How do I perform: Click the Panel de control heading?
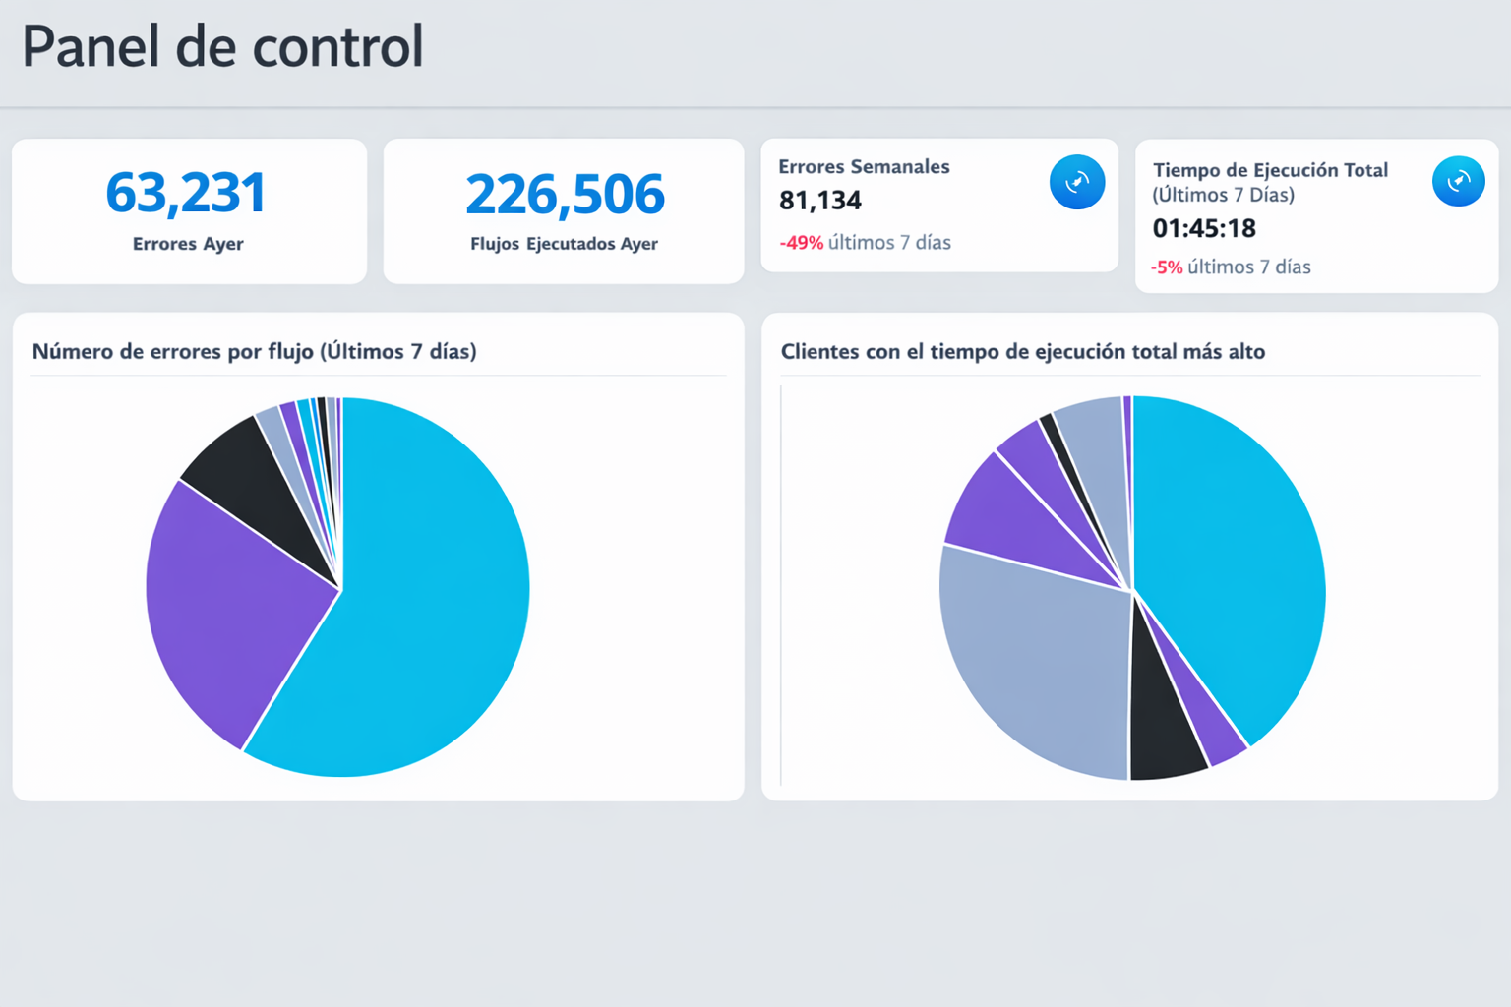[x=222, y=47]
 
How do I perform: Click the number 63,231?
[x=186, y=193]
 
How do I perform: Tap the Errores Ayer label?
[x=188, y=244]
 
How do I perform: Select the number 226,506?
[x=565, y=195]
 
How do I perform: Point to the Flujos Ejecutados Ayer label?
[x=564, y=244]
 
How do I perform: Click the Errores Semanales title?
[x=864, y=167]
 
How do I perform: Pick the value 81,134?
[x=820, y=201]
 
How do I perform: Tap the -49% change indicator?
[x=801, y=243]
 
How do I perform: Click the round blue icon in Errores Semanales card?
[x=1076, y=182]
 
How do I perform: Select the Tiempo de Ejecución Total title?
[x=1270, y=170]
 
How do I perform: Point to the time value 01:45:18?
[x=1204, y=228]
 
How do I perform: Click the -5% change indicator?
[x=1167, y=267]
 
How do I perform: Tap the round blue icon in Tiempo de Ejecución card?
[x=1458, y=181]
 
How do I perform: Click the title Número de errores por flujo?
[x=254, y=352]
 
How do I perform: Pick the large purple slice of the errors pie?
[x=236, y=610]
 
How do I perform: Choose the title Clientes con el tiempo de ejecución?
[x=1022, y=352]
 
